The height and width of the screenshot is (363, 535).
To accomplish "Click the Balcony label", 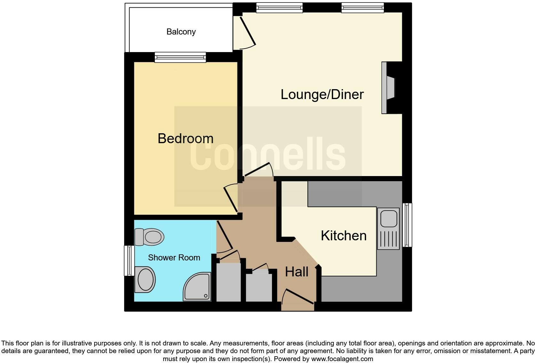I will (x=181, y=32).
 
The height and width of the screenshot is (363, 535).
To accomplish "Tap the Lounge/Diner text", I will (x=322, y=95).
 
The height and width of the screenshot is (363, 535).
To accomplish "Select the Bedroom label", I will (x=185, y=139).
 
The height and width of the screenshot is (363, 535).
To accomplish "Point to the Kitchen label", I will (x=343, y=236).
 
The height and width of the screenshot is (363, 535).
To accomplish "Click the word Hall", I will (x=297, y=272).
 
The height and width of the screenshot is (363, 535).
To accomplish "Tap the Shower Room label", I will (x=174, y=258).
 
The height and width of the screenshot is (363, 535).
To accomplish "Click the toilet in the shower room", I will (x=149, y=237).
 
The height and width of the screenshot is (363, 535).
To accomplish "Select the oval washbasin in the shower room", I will (x=145, y=280).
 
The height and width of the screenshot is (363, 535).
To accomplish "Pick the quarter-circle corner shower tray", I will (x=198, y=287).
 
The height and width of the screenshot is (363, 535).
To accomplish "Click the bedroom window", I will (x=180, y=57).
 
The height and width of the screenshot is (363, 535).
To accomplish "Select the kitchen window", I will (x=407, y=225).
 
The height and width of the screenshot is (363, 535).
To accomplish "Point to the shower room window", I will (x=129, y=260).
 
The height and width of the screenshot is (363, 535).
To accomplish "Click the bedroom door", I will (x=230, y=199).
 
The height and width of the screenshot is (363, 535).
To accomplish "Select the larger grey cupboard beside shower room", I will (x=228, y=282).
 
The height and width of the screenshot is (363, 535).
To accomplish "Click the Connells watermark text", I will (x=267, y=155).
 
